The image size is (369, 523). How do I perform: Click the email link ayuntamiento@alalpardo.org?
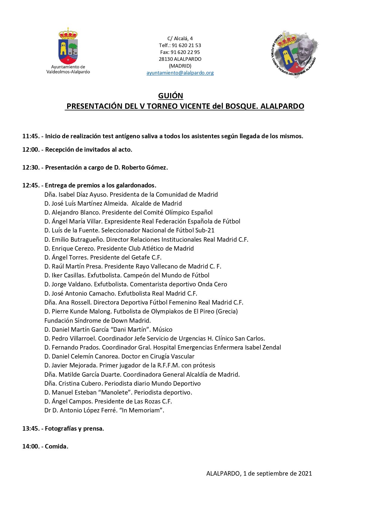180,73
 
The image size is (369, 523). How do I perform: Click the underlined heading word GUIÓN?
170,96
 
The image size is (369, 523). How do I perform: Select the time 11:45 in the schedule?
31,136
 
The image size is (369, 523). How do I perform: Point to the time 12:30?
31,167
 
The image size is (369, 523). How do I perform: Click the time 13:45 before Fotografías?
31,429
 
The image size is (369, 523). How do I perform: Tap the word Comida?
56,446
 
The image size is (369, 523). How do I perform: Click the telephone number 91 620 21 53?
186,45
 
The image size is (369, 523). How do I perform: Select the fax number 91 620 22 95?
185,52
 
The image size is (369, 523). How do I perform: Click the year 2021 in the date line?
305,474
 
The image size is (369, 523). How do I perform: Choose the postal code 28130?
166,59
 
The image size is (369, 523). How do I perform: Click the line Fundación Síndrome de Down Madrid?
98,321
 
